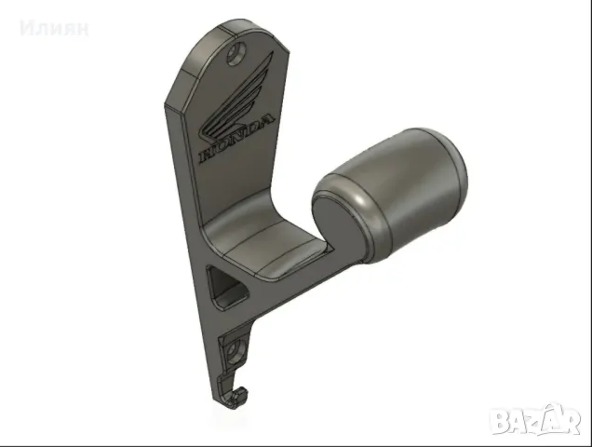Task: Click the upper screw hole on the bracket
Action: click(237, 54)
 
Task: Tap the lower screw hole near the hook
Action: click(236, 351)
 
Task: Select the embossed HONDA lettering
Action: click(236, 139)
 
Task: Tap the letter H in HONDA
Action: click(207, 155)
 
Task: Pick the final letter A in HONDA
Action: click(266, 121)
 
